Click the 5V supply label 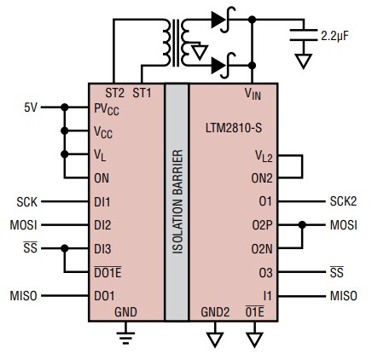click(x=31, y=107)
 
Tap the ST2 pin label click(x=114, y=91)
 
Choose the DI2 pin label click(x=102, y=225)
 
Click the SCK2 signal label click(x=343, y=202)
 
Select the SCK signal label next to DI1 click(x=26, y=202)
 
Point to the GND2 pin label click(x=214, y=312)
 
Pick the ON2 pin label click(x=261, y=178)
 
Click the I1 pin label click(x=267, y=295)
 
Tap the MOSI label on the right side click(x=343, y=225)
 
